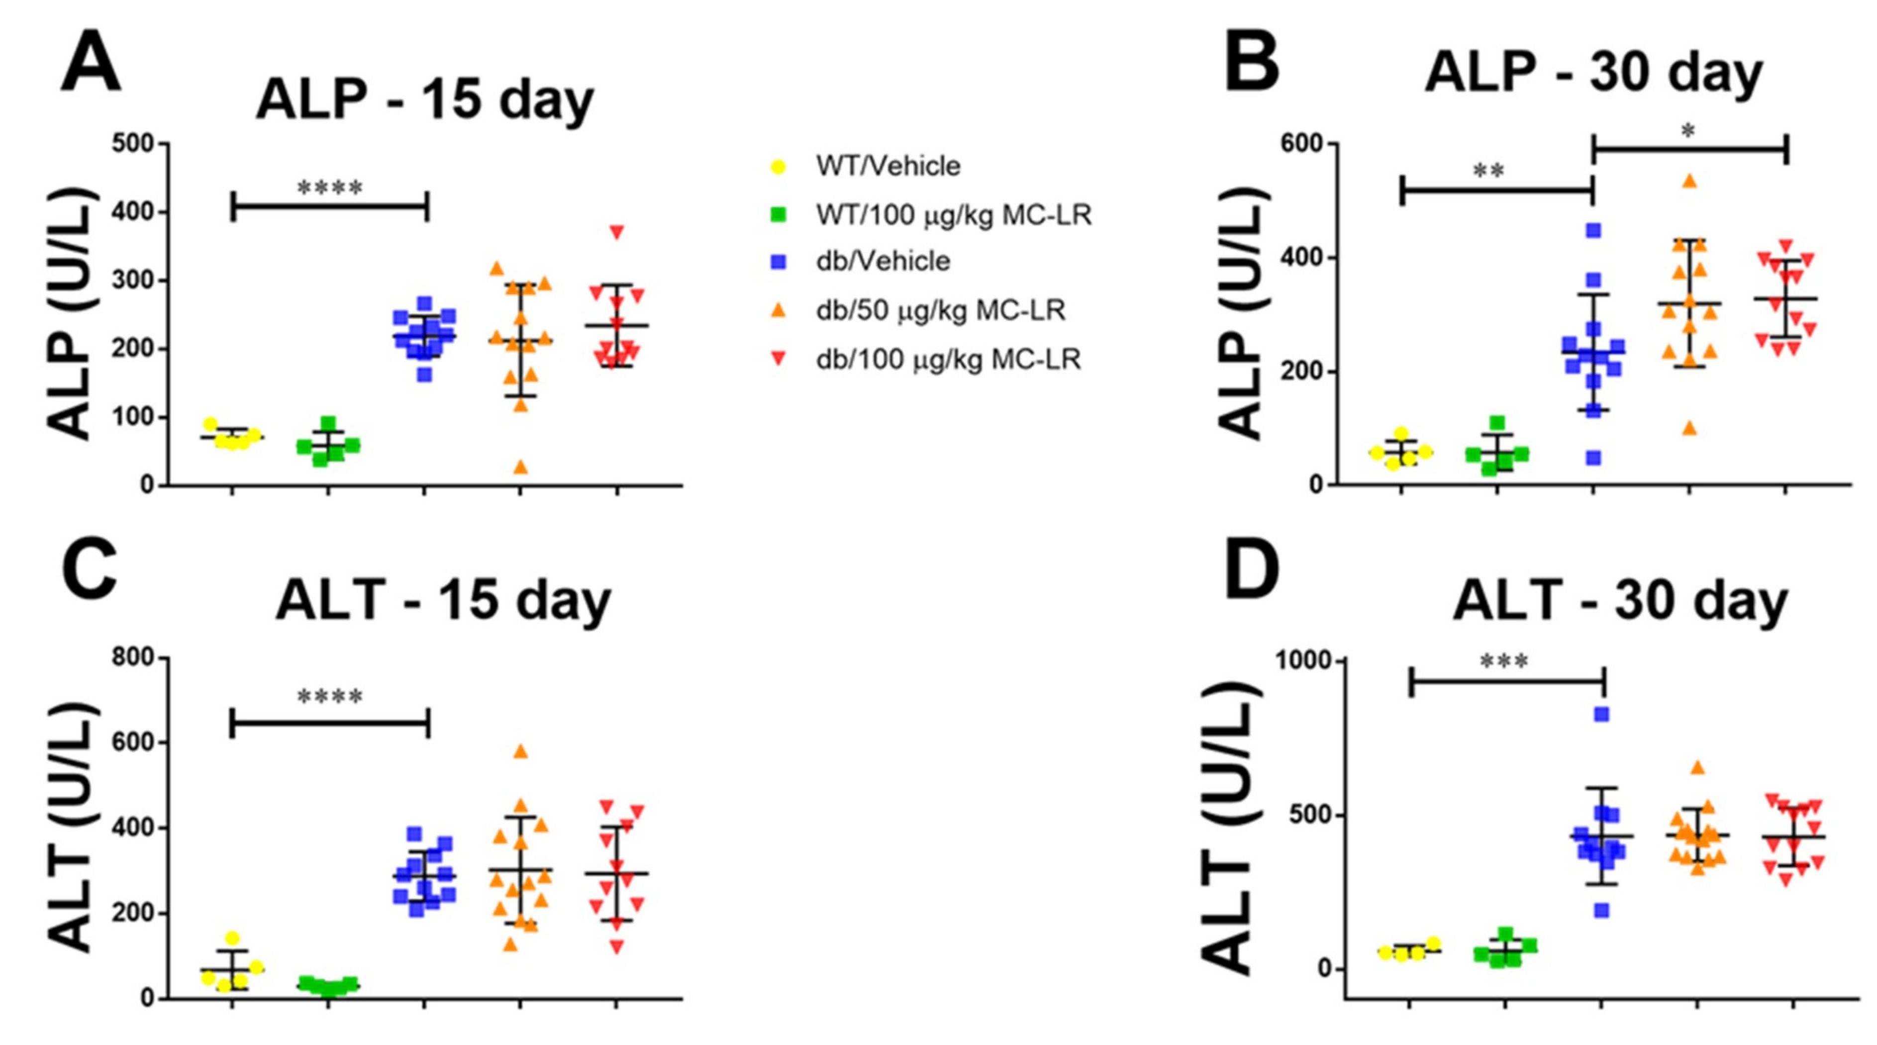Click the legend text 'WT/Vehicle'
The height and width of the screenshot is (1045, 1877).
tap(888, 166)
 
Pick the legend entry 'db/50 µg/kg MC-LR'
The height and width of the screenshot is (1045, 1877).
tap(940, 310)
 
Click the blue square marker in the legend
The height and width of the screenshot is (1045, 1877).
tap(778, 262)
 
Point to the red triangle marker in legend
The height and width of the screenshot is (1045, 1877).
tap(778, 359)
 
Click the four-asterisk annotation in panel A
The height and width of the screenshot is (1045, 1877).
tap(329, 189)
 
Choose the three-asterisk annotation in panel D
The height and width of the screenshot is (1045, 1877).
tap(1504, 662)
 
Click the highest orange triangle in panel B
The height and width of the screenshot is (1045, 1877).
tap(1689, 181)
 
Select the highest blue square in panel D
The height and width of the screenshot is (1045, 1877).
tap(1601, 714)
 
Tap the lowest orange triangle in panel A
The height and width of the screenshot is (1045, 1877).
tap(520, 467)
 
